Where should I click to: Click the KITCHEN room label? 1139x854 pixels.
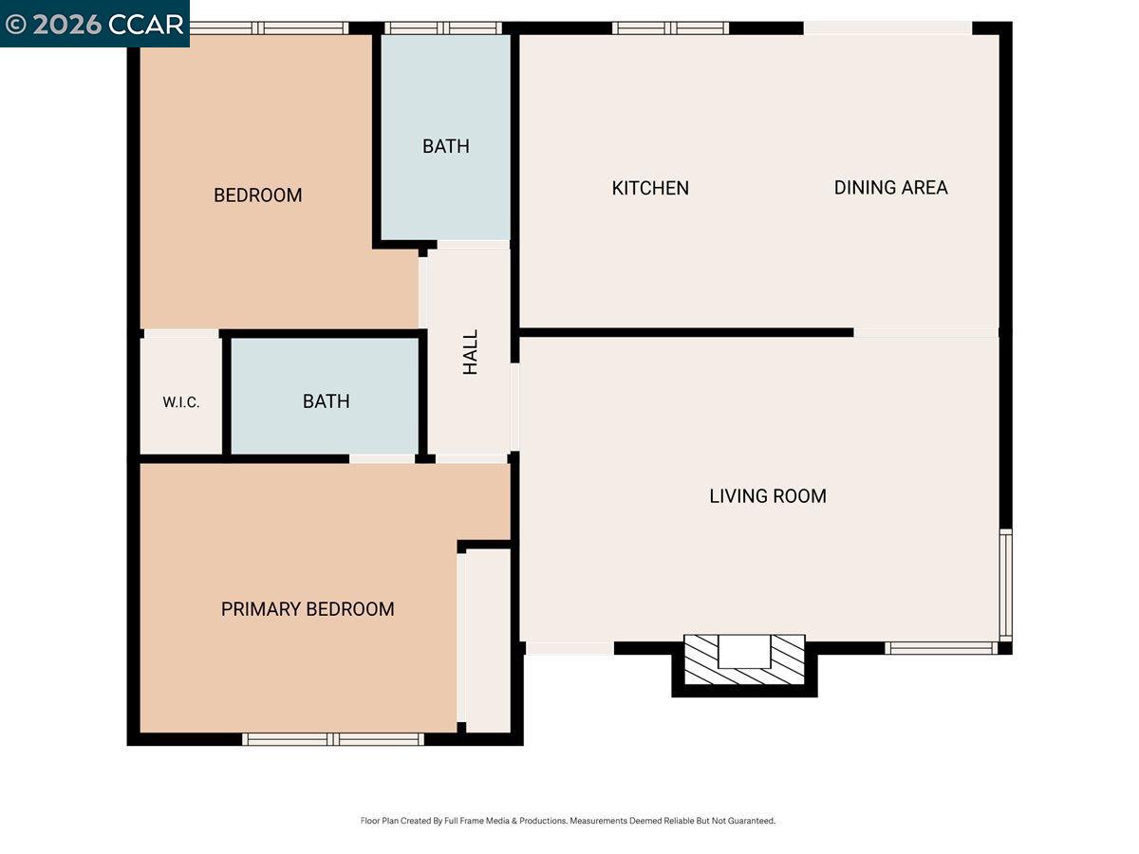click(x=650, y=188)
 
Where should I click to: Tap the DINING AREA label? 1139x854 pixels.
click(x=890, y=188)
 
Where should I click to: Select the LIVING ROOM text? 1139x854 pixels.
click(x=768, y=495)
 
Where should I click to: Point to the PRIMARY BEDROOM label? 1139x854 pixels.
click(x=308, y=609)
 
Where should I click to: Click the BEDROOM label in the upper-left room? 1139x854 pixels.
click(x=257, y=195)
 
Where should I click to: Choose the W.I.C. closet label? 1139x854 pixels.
click(x=180, y=402)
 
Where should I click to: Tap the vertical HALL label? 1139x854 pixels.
click(x=471, y=352)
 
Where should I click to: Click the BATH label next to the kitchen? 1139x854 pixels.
click(x=446, y=146)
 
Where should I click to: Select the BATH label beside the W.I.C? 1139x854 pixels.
click(x=326, y=401)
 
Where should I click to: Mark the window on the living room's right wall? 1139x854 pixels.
click(x=1005, y=584)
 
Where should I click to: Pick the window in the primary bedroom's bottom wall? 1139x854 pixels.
click(x=333, y=739)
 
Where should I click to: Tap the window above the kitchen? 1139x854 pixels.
click(x=671, y=28)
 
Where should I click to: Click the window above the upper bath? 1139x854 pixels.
click(x=443, y=28)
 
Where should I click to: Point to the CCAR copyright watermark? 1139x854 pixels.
click(x=94, y=24)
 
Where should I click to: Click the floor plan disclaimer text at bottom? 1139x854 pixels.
click(x=568, y=821)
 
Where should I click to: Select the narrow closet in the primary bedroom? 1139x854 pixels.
click(x=487, y=640)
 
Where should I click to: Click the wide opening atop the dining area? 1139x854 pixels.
click(x=887, y=28)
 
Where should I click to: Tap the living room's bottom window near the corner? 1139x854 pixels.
click(x=941, y=648)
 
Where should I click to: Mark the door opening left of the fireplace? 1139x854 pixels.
click(x=569, y=648)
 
